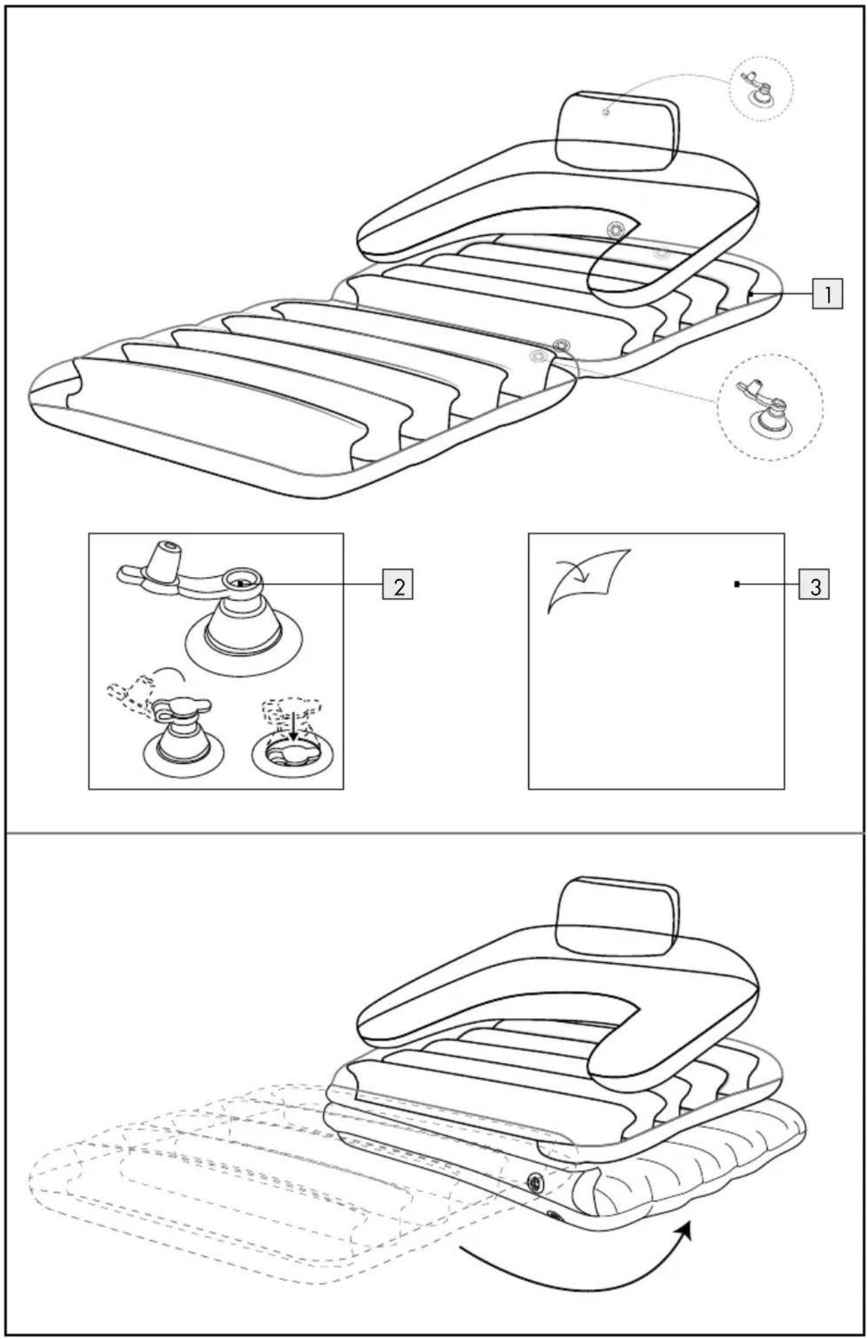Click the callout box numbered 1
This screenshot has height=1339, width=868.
(828, 294)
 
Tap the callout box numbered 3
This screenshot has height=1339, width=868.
(814, 584)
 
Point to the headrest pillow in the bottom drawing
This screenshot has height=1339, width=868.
(617, 917)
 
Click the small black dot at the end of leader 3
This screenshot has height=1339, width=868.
(737, 584)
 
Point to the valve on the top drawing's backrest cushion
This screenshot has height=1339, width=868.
(616, 229)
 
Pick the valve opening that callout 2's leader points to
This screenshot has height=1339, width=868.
(241, 581)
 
